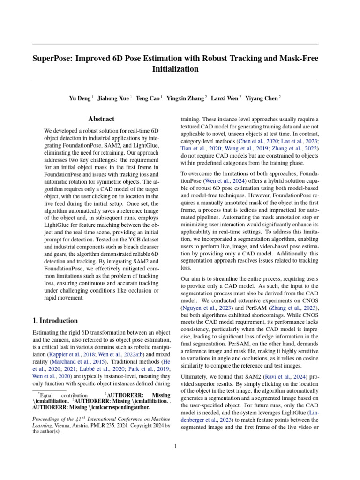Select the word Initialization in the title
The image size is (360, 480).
click(175, 69)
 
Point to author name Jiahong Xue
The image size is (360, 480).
click(113, 98)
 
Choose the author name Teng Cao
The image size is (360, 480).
click(148, 98)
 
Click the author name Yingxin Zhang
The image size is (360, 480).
click(187, 98)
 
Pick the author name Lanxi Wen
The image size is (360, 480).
click(225, 98)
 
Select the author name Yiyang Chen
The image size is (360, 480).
click(261, 98)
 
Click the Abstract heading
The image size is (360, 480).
click(102, 119)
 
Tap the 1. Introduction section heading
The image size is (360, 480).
click(55, 321)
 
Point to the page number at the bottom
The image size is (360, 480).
click(175, 446)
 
